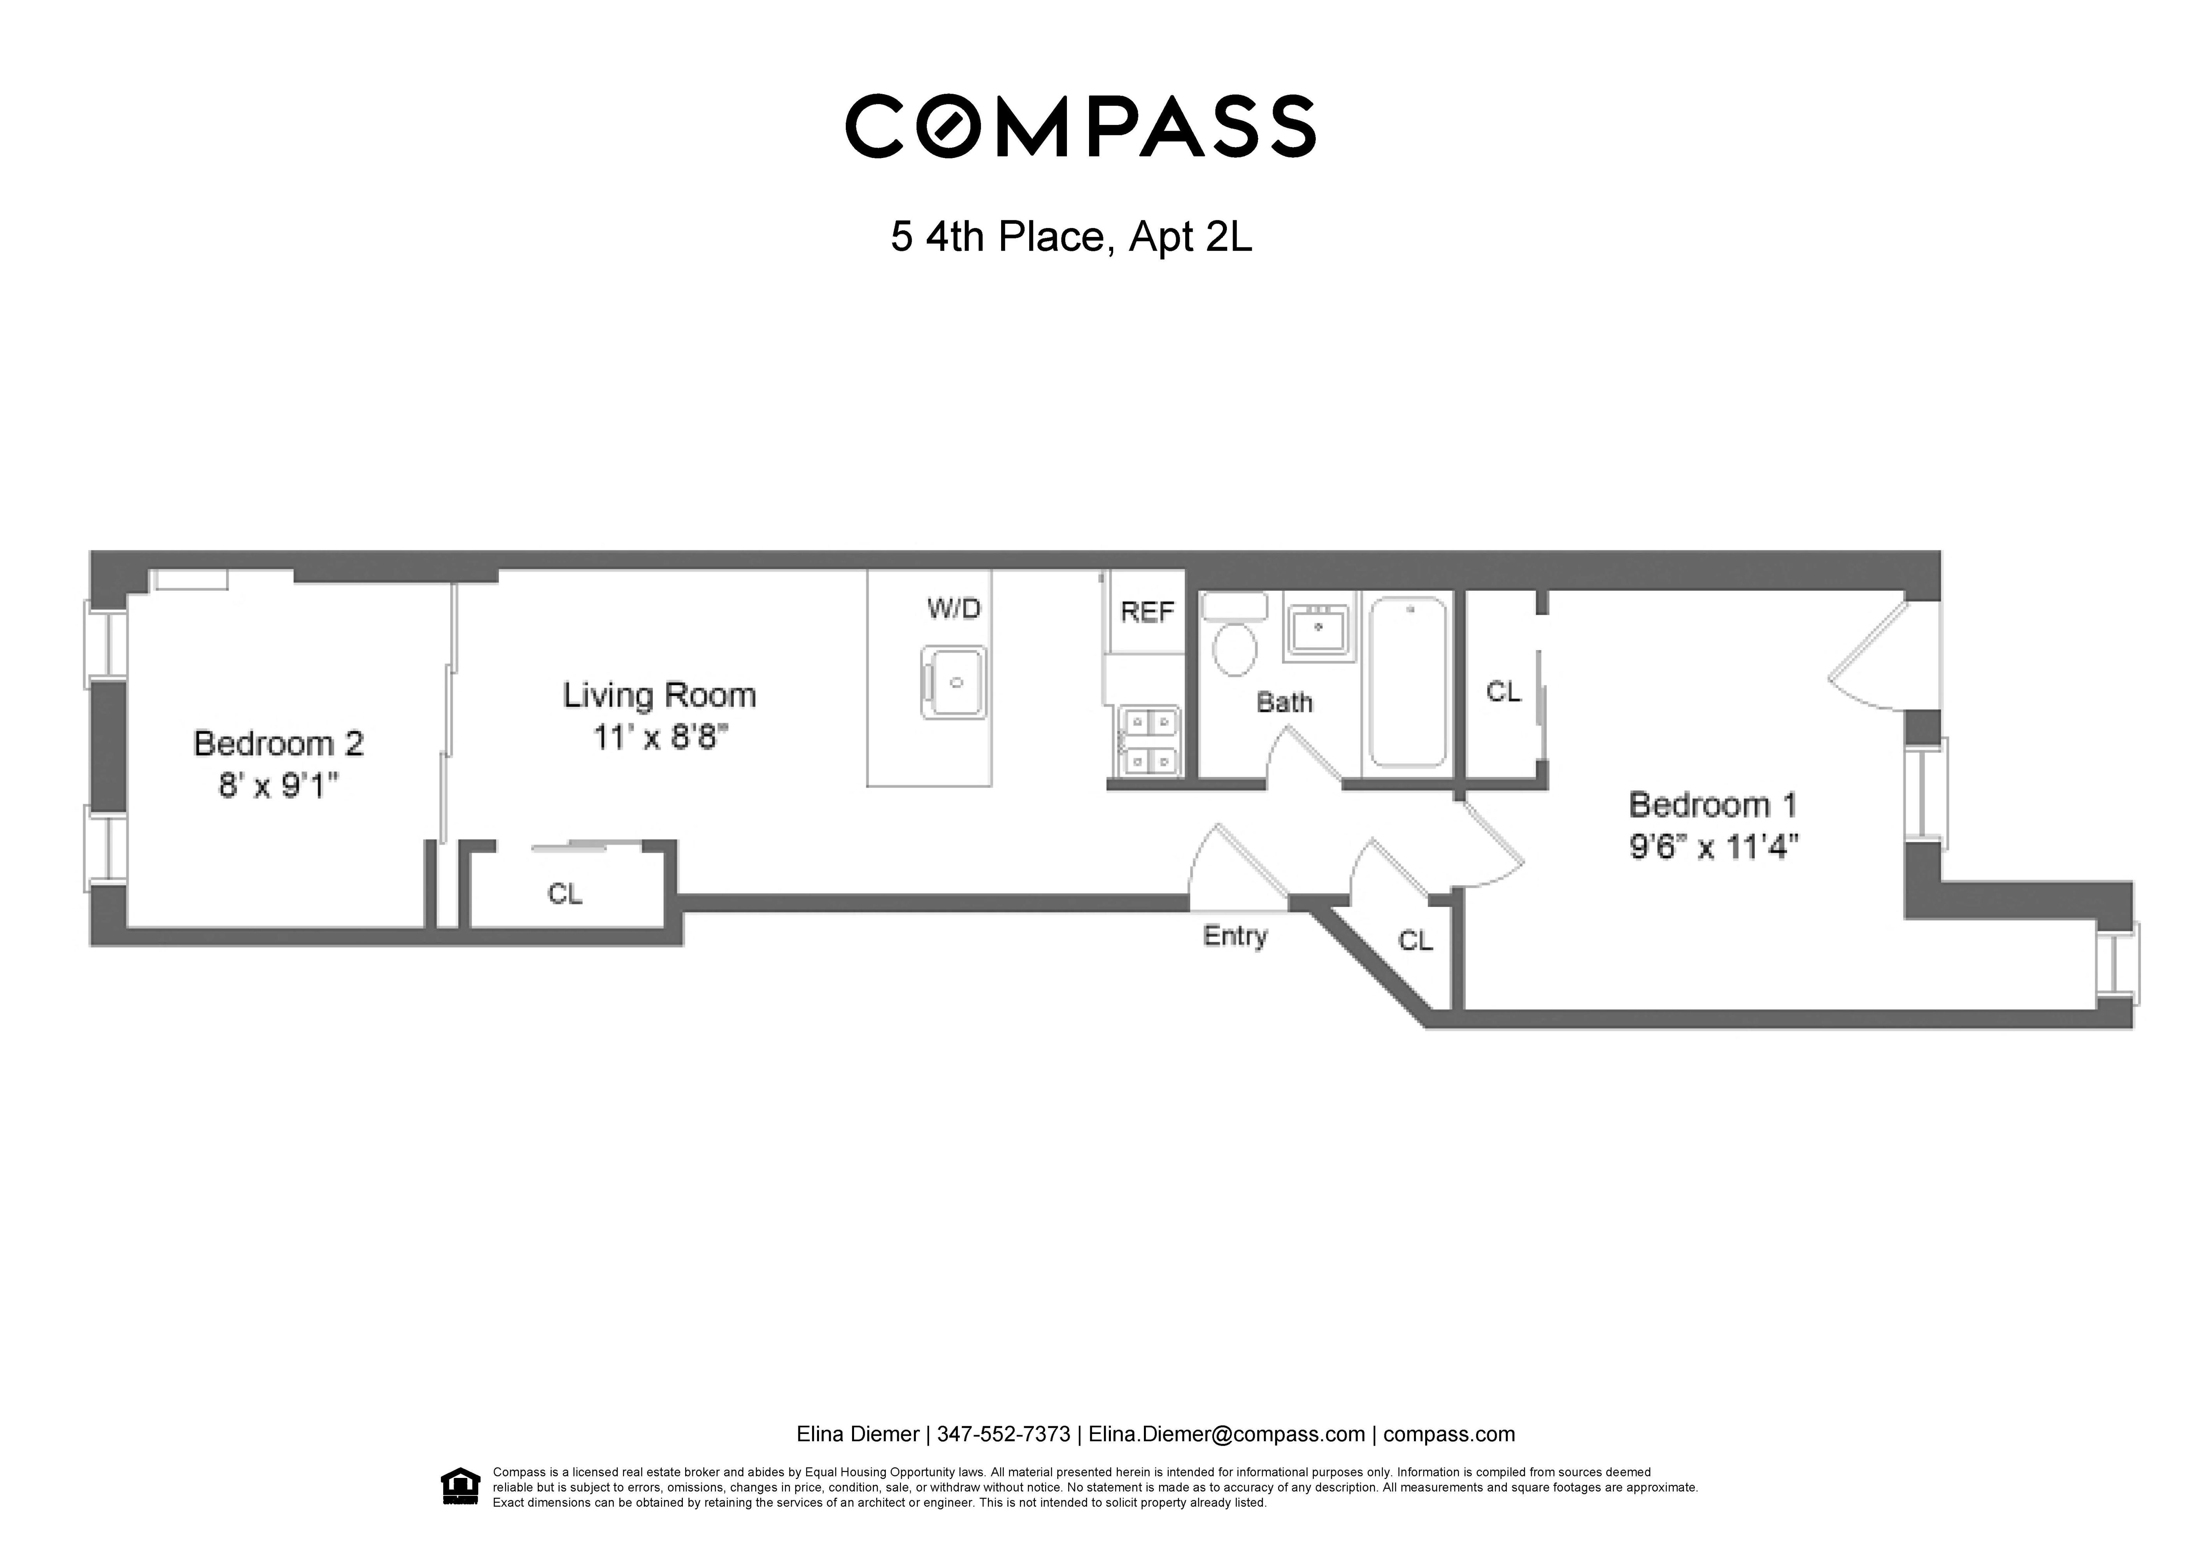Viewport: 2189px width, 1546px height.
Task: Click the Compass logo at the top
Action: pyautogui.click(x=1080, y=126)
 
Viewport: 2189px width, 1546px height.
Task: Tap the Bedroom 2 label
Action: pyautogui.click(x=279, y=743)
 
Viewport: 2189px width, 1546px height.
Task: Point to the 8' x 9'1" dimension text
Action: pyautogui.click(x=279, y=786)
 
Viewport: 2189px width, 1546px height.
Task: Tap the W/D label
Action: pyautogui.click(x=953, y=608)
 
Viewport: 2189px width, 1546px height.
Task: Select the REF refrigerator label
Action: pyautogui.click(x=1147, y=612)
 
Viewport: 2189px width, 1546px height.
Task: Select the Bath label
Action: pyautogui.click(x=1284, y=703)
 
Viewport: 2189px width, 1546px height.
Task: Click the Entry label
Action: pyautogui.click(x=1235, y=936)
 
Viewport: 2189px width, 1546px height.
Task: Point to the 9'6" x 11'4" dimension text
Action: pyautogui.click(x=1713, y=847)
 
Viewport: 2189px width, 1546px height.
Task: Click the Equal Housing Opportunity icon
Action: pyautogui.click(x=461, y=1487)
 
